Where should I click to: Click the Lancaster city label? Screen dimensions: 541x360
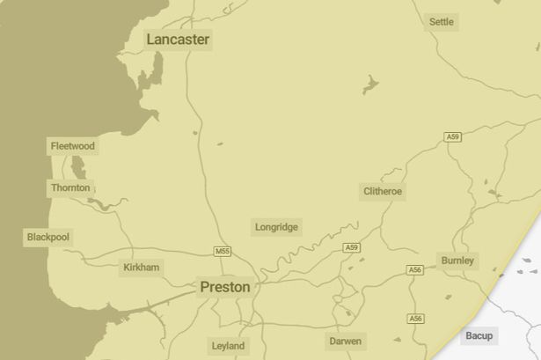click(178, 40)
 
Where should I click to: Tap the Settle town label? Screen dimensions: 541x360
click(442, 21)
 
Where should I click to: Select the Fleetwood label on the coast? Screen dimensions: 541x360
click(72, 146)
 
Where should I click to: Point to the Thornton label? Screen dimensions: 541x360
click(70, 187)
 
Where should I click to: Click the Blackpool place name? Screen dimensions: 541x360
click(48, 238)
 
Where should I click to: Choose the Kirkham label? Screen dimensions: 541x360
click(142, 267)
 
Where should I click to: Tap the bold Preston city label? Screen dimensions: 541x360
click(225, 287)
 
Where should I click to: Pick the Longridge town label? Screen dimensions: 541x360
click(276, 227)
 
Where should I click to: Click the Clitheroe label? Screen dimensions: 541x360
click(383, 191)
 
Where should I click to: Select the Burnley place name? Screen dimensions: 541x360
click(457, 261)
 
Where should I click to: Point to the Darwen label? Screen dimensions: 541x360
click(345, 341)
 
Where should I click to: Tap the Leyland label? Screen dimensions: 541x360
click(228, 346)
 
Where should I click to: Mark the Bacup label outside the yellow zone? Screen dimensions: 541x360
click(479, 335)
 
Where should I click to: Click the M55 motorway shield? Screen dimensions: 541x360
click(223, 252)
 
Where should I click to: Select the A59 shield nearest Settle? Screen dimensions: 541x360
click(453, 136)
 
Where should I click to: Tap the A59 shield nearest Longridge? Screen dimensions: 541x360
click(352, 248)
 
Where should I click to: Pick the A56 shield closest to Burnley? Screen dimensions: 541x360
click(415, 269)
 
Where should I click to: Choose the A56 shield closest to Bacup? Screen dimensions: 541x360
click(416, 319)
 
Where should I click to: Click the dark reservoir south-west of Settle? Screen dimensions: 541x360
click(370, 84)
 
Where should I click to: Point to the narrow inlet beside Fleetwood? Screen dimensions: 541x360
click(78, 166)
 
